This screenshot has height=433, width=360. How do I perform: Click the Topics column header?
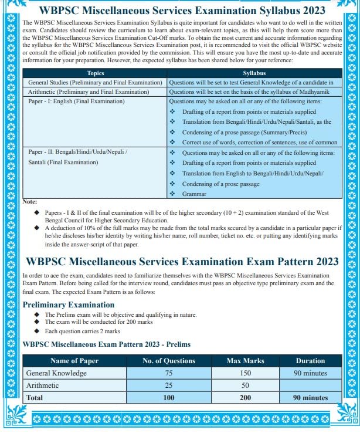pos(95,73)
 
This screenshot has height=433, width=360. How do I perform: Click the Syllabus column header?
pos(254,73)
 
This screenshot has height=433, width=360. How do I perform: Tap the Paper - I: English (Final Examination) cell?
pos(76,102)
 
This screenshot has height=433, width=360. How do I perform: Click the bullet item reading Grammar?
pos(194,193)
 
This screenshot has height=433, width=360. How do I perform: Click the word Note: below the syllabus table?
pos(30,202)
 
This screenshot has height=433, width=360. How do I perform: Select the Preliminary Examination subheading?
pos(69,305)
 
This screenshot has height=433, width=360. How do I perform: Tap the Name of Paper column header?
pos(74,361)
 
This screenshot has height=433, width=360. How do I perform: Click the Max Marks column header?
pos(245,361)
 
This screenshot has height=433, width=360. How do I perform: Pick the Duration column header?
pos(310,361)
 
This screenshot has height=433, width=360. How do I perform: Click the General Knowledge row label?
pos(56,373)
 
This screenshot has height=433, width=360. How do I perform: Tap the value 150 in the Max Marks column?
pos(245,373)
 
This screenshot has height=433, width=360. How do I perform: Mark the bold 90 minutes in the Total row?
pos(310,398)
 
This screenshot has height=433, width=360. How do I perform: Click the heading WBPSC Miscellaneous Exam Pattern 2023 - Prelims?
pos(106,344)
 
